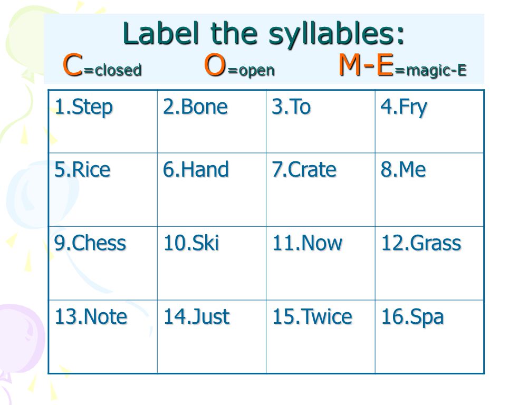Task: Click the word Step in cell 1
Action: (92, 108)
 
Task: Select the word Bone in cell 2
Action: (204, 107)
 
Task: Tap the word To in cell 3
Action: (300, 107)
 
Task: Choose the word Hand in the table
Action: (205, 169)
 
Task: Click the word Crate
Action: (312, 169)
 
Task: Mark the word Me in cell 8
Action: (412, 169)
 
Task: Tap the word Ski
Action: (205, 243)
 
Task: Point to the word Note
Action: (105, 317)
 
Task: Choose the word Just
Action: (210, 317)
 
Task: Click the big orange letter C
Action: (73, 65)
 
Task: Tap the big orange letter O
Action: (215, 65)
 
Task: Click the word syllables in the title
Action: (336, 35)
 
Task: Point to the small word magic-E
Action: (436, 71)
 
